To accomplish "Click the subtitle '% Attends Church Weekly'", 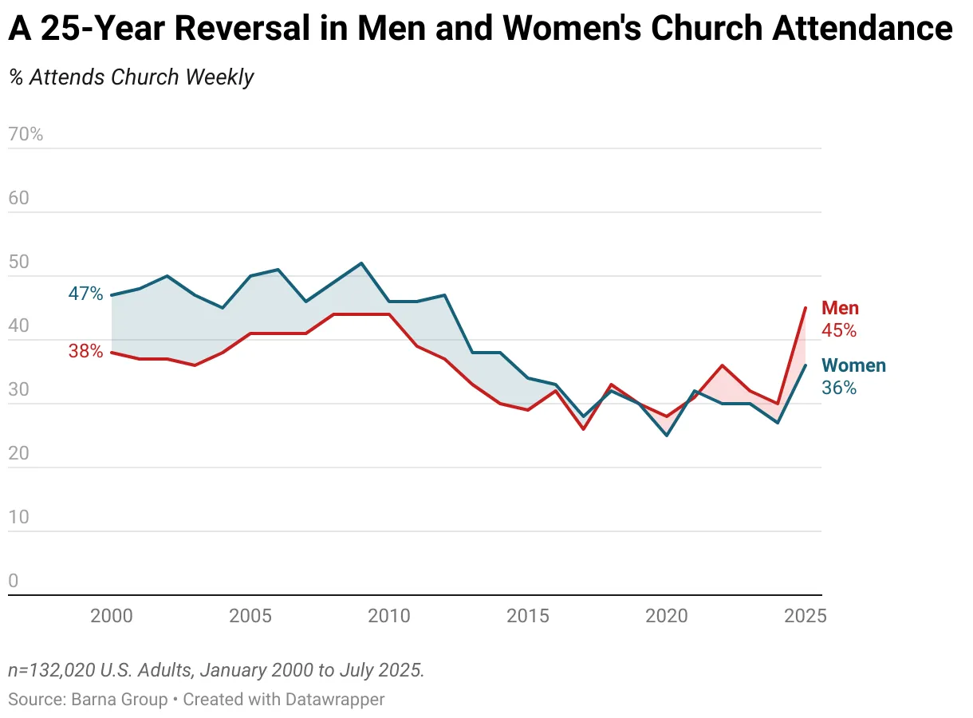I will [132, 77].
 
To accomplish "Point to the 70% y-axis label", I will [26, 134].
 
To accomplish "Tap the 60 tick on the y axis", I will [18, 198].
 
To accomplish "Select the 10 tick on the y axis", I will [18, 517].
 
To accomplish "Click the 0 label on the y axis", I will [13, 581].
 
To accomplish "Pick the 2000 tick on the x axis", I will [112, 616].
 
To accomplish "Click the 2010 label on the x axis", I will [389, 616].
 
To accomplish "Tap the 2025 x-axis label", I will [805, 616].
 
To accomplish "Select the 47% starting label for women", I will [85, 294].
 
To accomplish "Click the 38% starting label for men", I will [85, 350].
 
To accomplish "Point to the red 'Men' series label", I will [840, 309].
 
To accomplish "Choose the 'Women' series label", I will [853, 366].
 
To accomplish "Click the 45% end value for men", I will [839, 330].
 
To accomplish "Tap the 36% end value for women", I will [839, 388].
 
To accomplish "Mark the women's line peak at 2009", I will [361, 263].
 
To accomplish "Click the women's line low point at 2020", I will [667, 435].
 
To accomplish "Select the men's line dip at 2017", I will [584, 429].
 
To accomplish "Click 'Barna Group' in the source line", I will [120, 700].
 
